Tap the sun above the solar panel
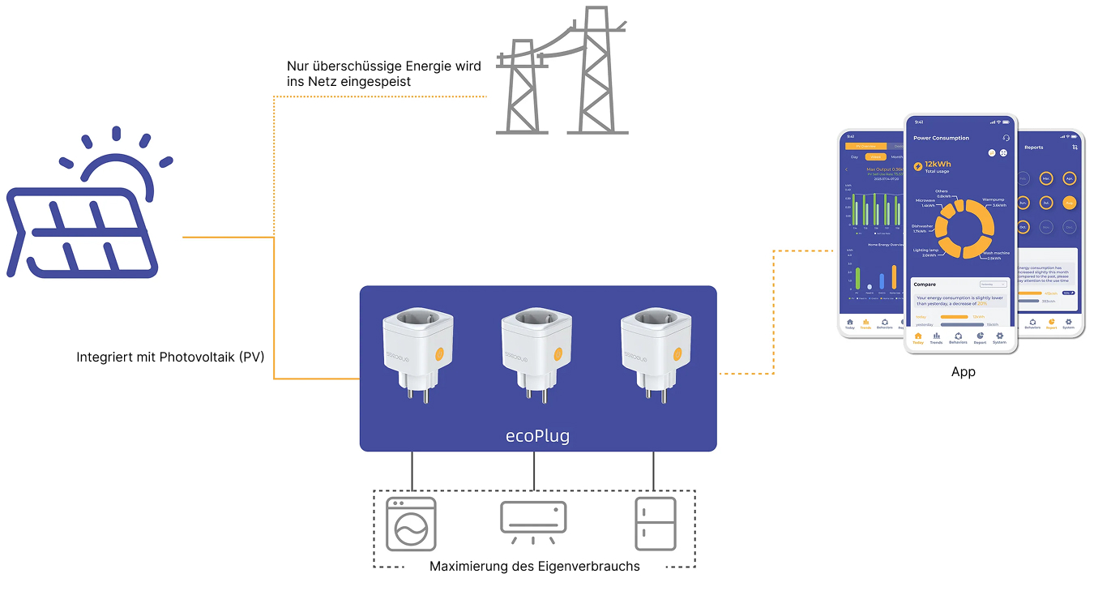tap(122, 166)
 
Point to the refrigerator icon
tap(655, 523)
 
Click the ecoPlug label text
tap(537, 436)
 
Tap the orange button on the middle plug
tap(558, 354)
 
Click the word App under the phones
tap(964, 372)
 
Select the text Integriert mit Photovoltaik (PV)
tap(170, 357)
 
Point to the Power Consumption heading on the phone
tap(941, 139)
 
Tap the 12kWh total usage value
tap(938, 164)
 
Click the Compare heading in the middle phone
tap(925, 285)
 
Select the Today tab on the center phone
tap(918, 338)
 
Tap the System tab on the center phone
tap(1000, 338)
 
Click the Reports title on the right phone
tap(1034, 148)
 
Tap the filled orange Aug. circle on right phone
tap(1069, 203)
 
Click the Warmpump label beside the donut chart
tap(994, 199)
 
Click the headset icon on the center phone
tap(1006, 139)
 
